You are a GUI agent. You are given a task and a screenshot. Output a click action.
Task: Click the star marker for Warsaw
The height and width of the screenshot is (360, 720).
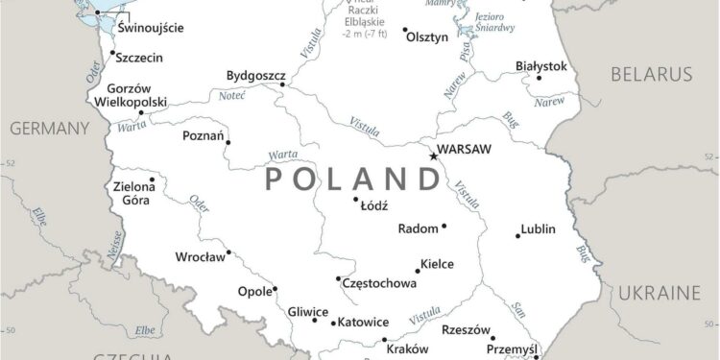434,156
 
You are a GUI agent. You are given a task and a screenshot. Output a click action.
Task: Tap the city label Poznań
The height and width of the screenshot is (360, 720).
203,136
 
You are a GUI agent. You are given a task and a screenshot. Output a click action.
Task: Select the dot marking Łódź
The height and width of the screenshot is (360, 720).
356,200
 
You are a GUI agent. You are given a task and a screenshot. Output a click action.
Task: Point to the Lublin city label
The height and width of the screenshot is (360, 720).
538,229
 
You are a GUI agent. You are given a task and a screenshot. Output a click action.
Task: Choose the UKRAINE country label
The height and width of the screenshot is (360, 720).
658,292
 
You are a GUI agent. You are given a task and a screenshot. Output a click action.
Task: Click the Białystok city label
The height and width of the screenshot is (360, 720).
541,66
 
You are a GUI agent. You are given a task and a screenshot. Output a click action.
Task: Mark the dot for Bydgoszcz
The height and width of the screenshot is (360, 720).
283,84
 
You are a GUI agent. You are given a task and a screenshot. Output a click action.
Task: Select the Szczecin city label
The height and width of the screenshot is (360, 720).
139,58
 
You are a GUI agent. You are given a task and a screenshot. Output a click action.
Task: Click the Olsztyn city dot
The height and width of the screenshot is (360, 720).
404,30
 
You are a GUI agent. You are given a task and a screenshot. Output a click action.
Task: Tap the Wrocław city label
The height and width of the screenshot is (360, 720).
200,257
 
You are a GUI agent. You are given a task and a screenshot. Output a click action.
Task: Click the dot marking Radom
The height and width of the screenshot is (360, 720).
444,227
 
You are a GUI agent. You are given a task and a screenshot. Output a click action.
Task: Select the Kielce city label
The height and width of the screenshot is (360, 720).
439,264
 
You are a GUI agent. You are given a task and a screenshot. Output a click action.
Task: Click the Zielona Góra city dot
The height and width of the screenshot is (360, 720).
152,180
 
